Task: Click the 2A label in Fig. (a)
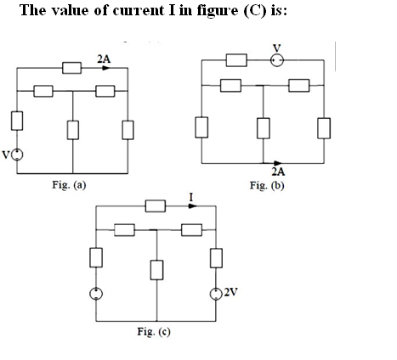pos(104,59)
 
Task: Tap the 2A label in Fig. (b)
pos(278,172)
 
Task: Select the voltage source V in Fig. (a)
pos(17,155)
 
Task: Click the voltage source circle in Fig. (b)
pos(277,60)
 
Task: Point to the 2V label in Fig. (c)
pos(230,292)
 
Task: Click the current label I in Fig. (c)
pos(191,197)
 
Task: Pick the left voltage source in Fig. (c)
pos(96,294)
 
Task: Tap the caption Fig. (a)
pos(69,185)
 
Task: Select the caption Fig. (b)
pos(267,186)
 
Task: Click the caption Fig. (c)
pos(154,331)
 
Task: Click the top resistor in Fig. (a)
pos(71,68)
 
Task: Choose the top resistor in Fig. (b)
pos(236,60)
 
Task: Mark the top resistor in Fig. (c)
pos(156,206)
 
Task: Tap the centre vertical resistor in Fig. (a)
pos(73,130)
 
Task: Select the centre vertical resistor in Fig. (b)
pos(264,128)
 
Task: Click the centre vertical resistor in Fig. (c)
pos(156,270)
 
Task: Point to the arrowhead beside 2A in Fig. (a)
pos(106,68)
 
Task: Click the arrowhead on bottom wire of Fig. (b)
pos(278,163)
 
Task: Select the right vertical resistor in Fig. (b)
pos(324,128)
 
